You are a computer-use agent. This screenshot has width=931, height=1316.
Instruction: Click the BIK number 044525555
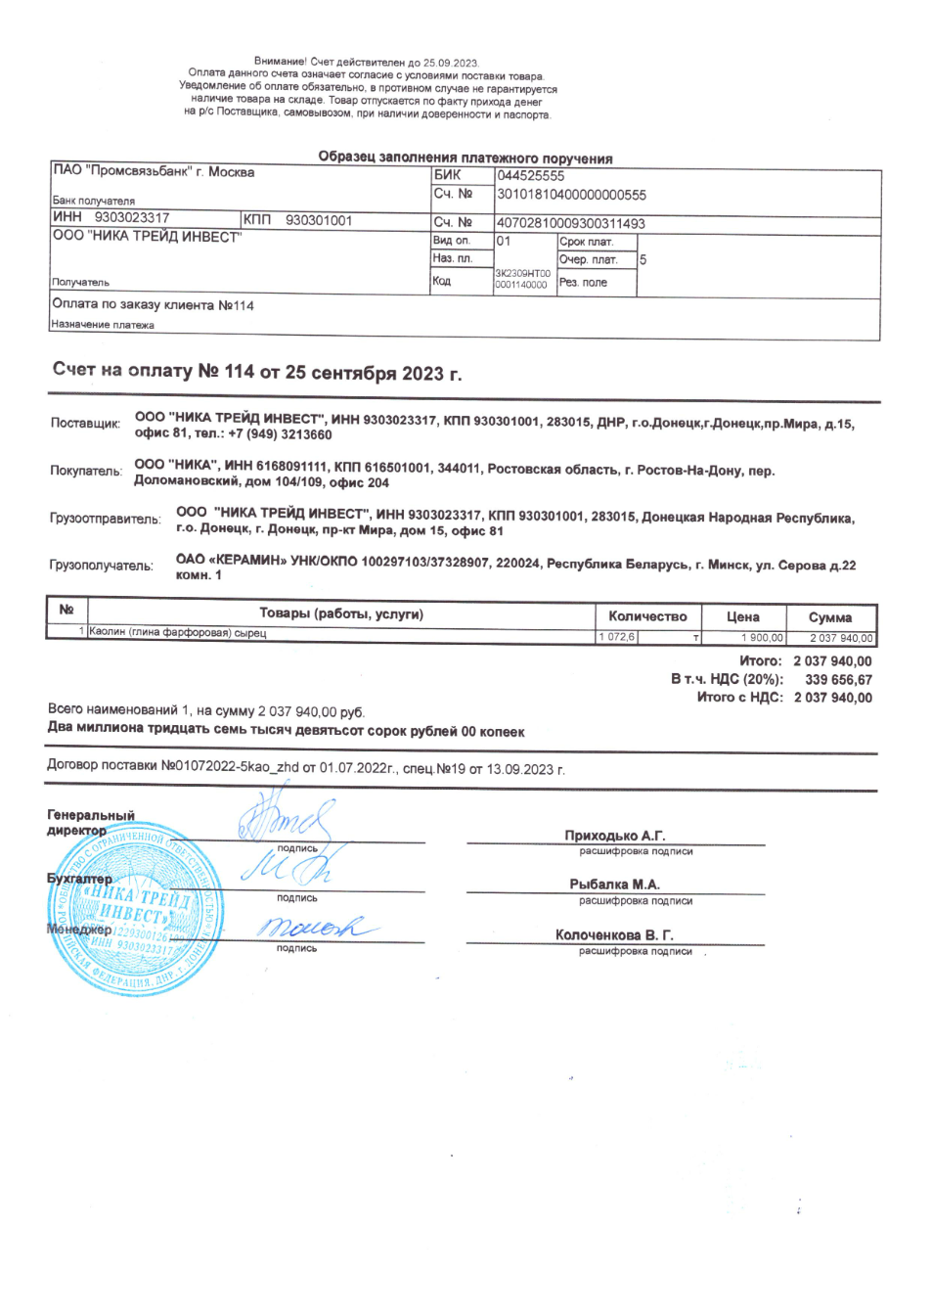click(x=530, y=176)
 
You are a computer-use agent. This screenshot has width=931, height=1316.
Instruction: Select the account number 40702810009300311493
click(x=570, y=223)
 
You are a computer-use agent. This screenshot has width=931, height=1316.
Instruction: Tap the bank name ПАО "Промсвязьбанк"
click(x=154, y=172)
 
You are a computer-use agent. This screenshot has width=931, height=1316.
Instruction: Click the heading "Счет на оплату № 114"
click(x=256, y=372)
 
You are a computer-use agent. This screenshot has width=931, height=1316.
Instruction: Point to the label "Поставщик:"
click(x=85, y=424)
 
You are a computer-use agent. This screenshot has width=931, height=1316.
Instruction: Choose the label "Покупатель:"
click(x=86, y=471)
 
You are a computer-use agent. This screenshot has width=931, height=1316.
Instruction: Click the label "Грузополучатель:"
click(x=101, y=566)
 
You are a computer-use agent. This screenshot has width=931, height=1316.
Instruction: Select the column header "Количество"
click(x=647, y=616)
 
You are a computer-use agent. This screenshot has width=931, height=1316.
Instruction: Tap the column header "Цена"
click(x=742, y=616)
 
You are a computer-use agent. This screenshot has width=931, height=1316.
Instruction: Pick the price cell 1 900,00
click(x=762, y=638)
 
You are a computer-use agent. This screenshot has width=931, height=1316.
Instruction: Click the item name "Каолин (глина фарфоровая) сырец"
click(x=177, y=633)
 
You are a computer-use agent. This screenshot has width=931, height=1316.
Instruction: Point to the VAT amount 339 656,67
click(x=838, y=679)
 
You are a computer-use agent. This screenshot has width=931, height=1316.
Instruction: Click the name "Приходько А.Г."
click(x=614, y=836)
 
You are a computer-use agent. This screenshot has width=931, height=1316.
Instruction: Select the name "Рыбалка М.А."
click(x=614, y=885)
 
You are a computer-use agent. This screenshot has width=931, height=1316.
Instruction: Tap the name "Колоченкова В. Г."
click(x=614, y=935)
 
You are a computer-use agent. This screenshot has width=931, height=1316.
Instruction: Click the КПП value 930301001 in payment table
click(x=318, y=221)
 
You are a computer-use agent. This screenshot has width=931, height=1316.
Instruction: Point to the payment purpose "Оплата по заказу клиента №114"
click(x=153, y=305)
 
